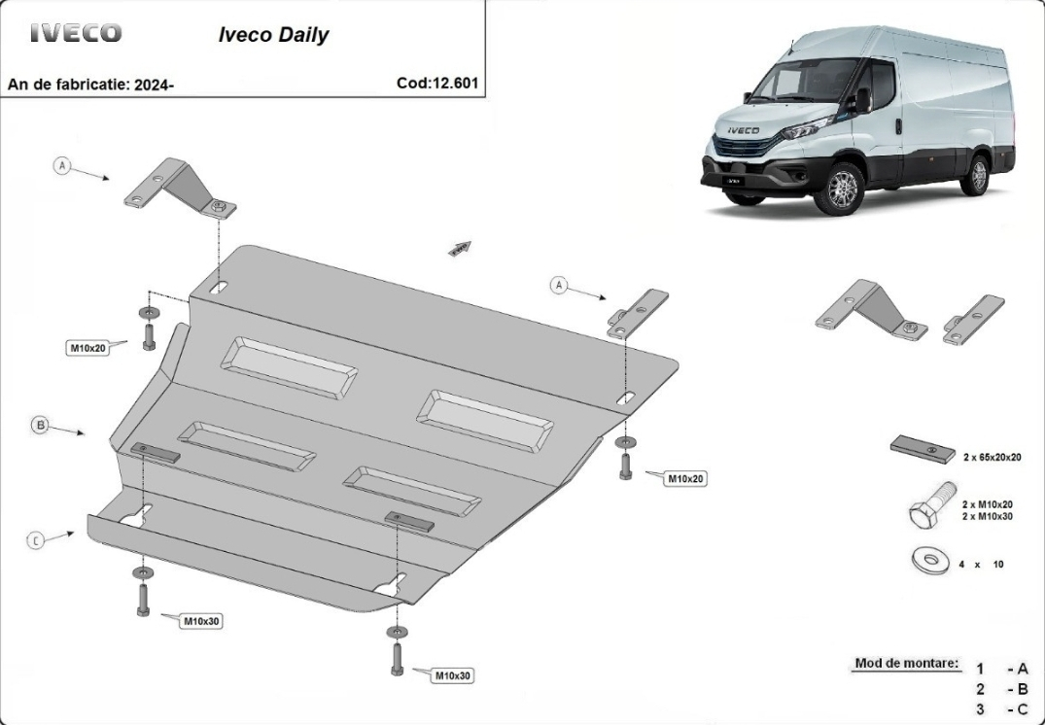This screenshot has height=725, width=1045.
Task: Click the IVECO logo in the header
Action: [x=76, y=33]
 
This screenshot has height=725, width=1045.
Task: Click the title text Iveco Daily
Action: [x=273, y=35]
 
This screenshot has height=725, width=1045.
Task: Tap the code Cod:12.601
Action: [x=437, y=84]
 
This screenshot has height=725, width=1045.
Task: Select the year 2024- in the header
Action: [x=154, y=85]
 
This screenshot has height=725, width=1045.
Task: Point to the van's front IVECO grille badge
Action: [x=743, y=130]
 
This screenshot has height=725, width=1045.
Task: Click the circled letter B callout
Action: [x=41, y=425]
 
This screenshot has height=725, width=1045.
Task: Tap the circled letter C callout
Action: [x=36, y=540]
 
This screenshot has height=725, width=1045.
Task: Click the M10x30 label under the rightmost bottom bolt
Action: [x=453, y=675]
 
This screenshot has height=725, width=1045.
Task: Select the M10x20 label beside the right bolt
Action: [x=685, y=478]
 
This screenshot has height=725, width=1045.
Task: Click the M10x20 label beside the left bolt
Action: [x=87, y=347]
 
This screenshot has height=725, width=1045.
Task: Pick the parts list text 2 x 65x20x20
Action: [x=993, y=457]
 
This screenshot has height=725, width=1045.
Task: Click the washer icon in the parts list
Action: [x=930, y=561]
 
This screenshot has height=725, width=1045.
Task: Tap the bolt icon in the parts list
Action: [x=932, y=505]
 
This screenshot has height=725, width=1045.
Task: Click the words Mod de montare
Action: [x=907, y=663]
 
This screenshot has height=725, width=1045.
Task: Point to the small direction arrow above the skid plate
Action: [x=460, y=248]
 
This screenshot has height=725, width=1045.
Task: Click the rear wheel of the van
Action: [x=978, y=175]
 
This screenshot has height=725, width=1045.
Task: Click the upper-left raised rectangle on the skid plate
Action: [x=289, y=367]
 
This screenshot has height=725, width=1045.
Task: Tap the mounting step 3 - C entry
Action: [x=1002, y=709]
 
